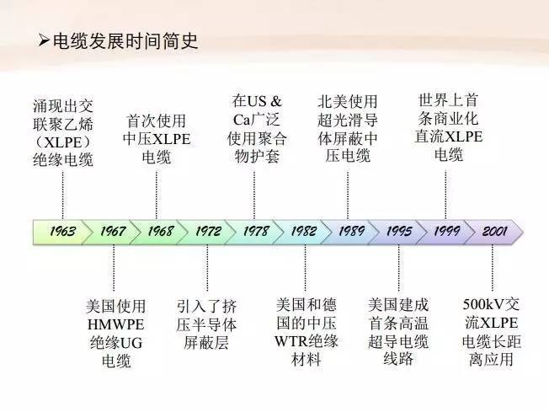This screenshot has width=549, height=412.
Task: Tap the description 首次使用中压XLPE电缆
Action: pyautogui.click(x=156, y=138)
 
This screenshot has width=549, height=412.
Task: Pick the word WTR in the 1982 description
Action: pyautogui.click(x=291, y=342)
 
